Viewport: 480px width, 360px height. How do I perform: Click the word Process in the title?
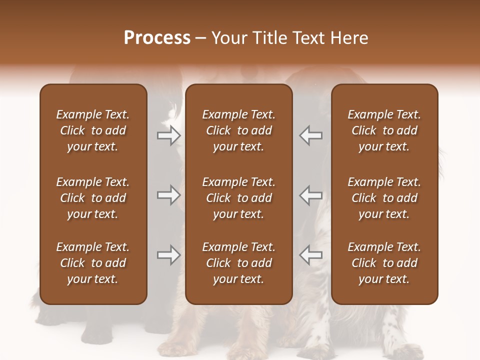pos(157,38)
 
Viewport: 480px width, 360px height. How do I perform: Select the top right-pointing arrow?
pos(169,135)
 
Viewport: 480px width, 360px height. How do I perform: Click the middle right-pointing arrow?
pos(169,195)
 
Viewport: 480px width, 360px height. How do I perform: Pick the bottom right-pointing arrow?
pos(169,255)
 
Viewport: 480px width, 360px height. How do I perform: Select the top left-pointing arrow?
pos(311,135)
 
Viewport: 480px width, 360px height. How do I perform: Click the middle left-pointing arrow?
pos(311,195)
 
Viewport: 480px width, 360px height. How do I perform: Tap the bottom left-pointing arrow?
pos(311,255)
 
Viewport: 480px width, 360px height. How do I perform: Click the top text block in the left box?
pos(93,130)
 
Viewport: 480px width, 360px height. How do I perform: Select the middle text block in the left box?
pos(93,198)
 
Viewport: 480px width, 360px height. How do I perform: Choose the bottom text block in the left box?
pos(93,263)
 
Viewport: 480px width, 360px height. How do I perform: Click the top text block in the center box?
pos(238,130)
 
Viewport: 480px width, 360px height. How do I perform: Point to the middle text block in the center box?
pos(238,198)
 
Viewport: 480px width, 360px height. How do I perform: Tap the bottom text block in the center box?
pos(238,263)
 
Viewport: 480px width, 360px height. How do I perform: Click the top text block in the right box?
pos(384,130)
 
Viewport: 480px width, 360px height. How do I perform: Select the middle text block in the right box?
pos(384,198)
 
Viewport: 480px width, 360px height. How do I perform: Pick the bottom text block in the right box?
pos(384,263)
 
